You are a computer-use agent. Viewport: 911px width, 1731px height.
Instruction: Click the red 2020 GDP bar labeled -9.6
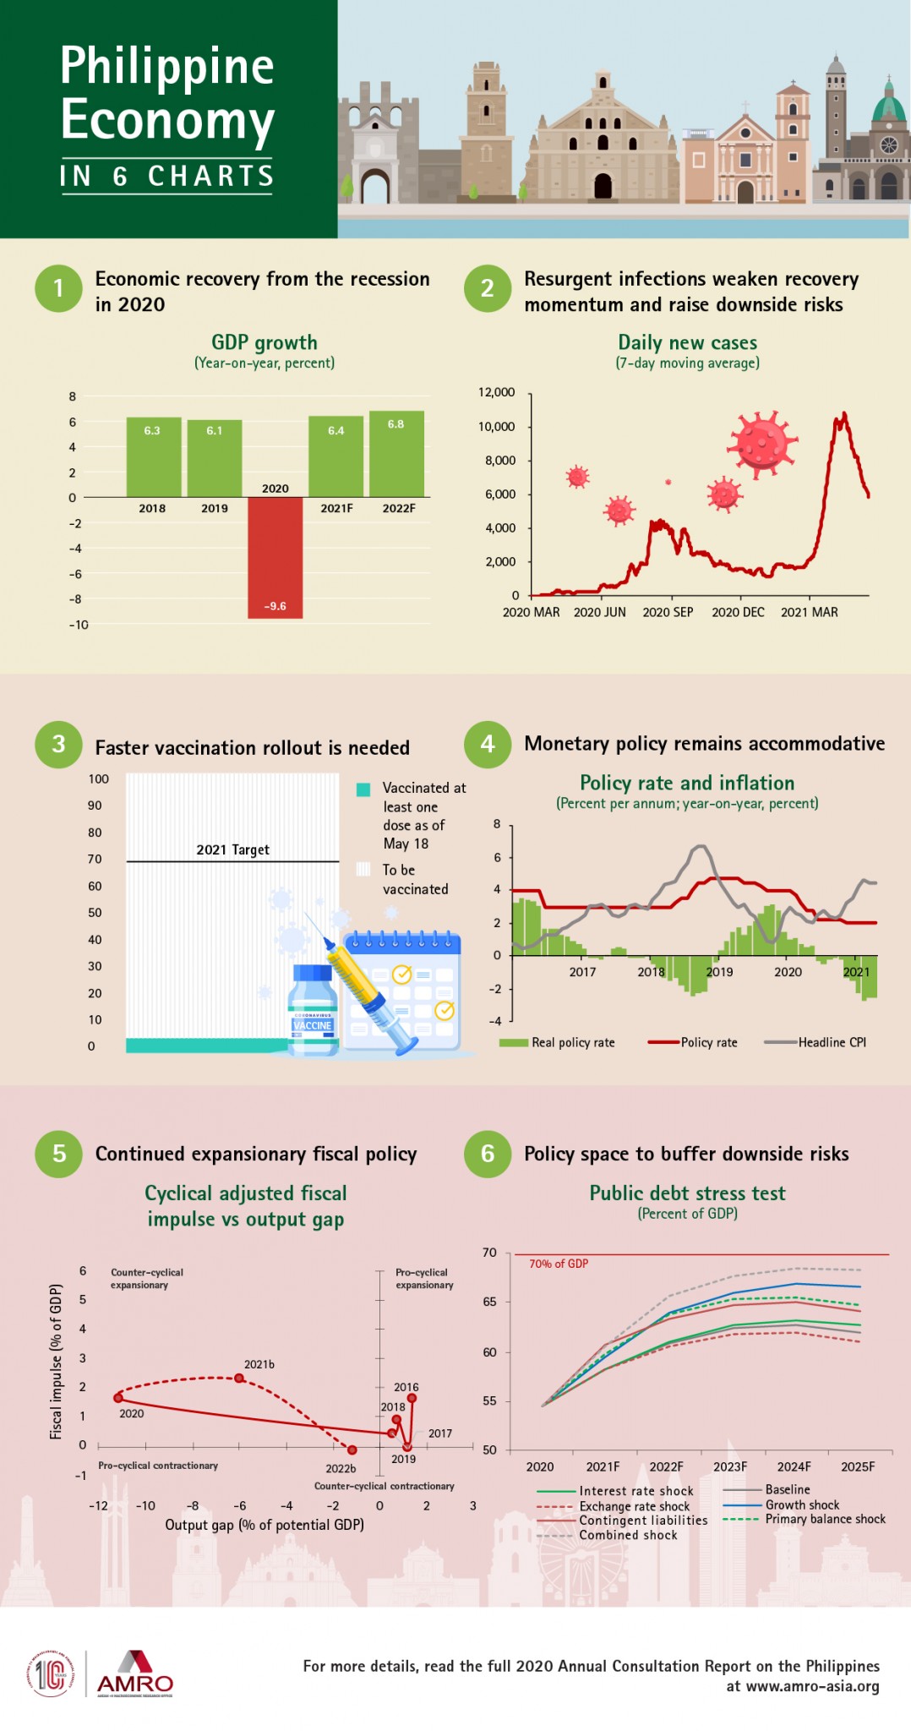click(275, 558)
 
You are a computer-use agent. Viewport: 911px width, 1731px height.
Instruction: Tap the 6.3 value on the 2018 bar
click(152, 430)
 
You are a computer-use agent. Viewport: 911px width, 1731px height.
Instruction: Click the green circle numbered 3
click(58, 745)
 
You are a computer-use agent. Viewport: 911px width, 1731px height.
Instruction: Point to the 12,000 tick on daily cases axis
click(496, 392)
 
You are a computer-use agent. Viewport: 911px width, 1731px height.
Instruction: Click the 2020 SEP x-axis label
click(668, 612)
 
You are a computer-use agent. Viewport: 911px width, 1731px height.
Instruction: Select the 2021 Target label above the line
click(232, 849)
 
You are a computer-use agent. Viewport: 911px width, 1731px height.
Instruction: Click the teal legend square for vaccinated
click(363, 789)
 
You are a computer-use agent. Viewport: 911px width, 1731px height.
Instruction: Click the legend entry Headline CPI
click(832, 1042)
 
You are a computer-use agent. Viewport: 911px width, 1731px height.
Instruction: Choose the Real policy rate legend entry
click(572, 1042)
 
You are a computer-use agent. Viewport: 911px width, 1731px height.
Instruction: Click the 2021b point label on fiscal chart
click(259, 1364)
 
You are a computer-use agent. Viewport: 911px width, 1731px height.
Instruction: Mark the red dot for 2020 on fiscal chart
click(118, 1398)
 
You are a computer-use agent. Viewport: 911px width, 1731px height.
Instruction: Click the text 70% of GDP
click(559, 1264)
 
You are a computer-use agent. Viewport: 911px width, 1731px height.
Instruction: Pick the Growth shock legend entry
click(802, 1504)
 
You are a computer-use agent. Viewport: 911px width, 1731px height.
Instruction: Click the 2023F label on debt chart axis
click(730, 1466)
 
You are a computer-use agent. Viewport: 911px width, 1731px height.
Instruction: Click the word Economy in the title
click(167, 120)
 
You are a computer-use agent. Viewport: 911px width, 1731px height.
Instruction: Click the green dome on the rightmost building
click(888, 108)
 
